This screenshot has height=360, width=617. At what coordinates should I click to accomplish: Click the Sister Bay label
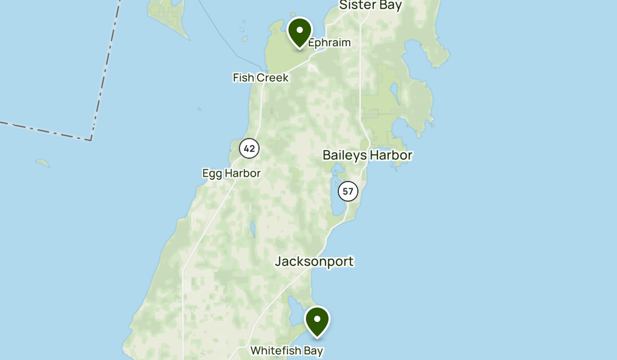370,6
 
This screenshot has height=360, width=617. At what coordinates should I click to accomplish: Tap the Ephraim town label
329,43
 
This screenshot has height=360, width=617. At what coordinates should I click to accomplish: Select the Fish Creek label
260,78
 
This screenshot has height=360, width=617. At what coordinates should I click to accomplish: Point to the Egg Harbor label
231,173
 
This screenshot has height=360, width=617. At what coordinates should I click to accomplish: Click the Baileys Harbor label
368,155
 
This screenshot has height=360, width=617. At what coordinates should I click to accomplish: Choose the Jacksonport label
314,261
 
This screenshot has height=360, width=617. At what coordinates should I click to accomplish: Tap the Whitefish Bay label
286,351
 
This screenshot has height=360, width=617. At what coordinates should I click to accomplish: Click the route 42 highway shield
249,149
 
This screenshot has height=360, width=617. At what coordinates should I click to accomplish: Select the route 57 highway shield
348,191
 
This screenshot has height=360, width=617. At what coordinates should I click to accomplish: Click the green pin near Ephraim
300,31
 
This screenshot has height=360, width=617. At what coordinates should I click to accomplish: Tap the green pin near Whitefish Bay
317,320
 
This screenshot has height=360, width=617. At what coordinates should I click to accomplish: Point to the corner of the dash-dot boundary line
91,139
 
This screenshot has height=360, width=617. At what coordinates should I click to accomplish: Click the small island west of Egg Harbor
43,163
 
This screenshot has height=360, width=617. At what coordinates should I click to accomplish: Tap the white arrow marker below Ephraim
312,66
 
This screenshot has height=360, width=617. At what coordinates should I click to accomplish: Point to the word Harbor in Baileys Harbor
390,155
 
